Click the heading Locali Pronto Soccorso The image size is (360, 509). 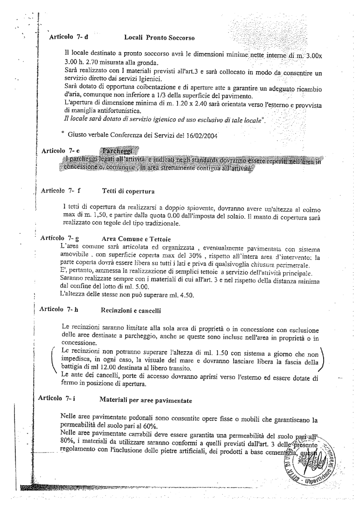point(159,39)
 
